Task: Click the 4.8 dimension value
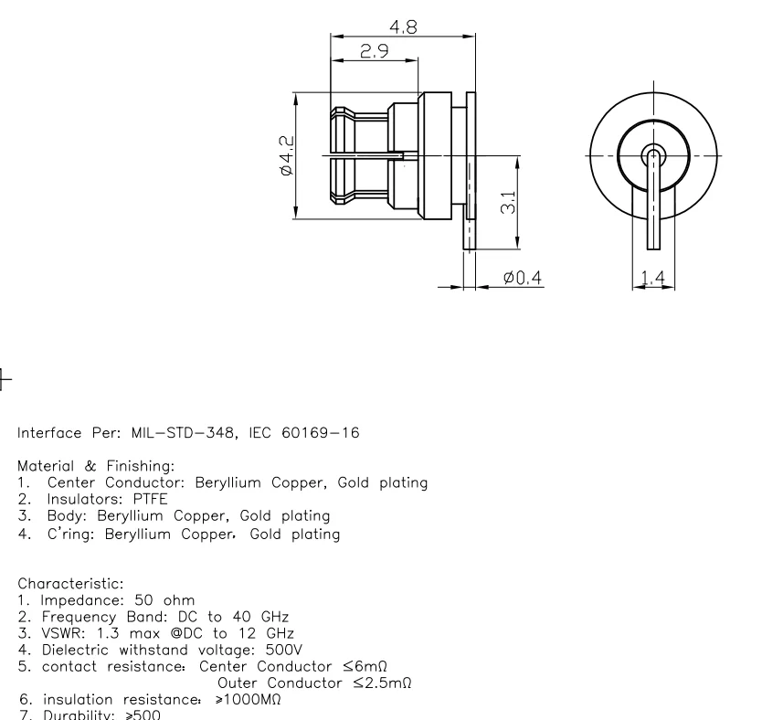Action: [x=403, y=27]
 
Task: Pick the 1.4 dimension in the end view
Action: [x=653, y=277]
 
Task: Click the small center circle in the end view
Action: [x=652, y=154]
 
